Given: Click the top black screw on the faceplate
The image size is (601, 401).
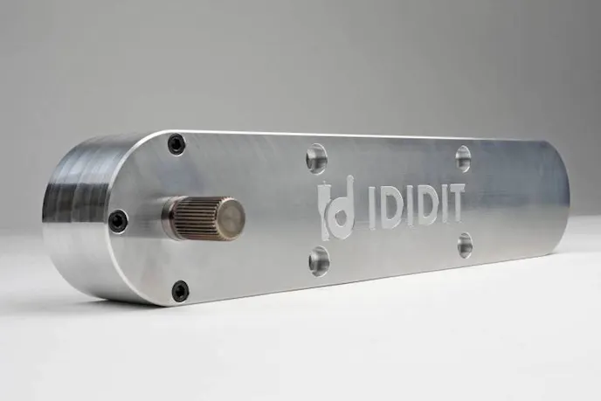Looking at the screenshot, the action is (x=176, y=144).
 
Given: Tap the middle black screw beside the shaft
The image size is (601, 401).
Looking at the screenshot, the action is (x=118, y=220).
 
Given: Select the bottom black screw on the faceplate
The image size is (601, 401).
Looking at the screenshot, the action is (x=180, y=290).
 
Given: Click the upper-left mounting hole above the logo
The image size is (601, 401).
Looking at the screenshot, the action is (x=316, y=159).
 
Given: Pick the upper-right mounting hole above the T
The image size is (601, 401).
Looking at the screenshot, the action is (x=463, y=158).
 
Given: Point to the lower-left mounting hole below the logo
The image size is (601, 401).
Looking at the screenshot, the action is (x=320, y=261).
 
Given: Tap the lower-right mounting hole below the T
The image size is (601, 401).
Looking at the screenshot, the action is (x=465, y=245).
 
